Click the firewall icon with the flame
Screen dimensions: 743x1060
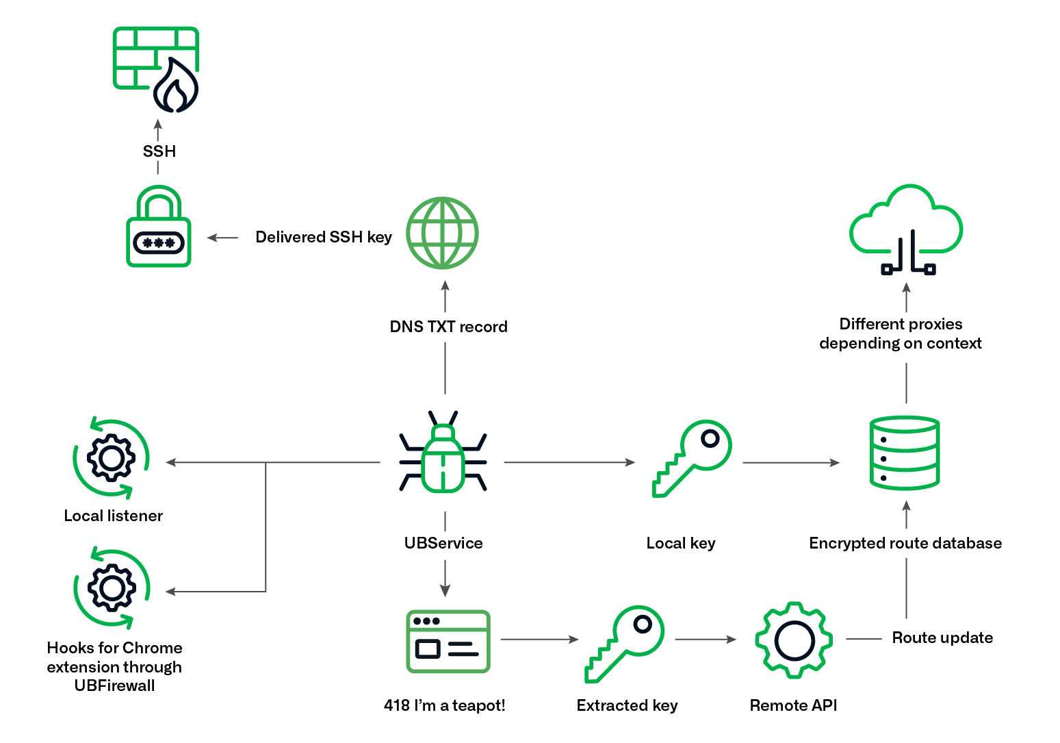156,69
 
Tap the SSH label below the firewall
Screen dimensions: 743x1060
159,151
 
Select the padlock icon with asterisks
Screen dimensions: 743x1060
159,227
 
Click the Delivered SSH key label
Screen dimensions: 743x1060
323,237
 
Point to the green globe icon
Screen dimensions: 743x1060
442,233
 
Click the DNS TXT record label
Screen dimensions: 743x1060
448,327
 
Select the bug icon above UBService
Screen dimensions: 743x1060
443,453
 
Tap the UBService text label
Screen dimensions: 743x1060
443,543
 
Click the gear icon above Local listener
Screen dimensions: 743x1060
112,458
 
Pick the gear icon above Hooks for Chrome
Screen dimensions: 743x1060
112,588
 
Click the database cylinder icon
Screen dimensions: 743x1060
904,453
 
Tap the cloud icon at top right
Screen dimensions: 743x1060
906,229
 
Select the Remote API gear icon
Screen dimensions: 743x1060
794,640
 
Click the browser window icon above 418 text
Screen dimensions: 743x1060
448,641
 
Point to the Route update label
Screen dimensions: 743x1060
942,638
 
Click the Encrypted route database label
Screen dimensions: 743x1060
905,543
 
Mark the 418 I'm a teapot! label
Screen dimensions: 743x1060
444,705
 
